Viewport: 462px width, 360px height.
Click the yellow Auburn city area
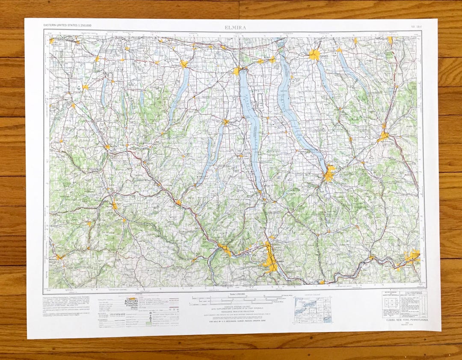[x=314, y=54]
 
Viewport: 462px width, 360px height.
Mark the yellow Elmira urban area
[x=270, y=259]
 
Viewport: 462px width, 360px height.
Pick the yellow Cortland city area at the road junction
[x=383, y=136]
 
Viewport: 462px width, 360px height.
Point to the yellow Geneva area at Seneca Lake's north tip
[x=237, y=71]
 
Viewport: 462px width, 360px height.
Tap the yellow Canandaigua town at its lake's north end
[x=184, y=64]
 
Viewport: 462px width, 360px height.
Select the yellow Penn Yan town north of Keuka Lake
[x=225, y=122]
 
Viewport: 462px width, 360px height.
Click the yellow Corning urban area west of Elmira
[x=225, y=249]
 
